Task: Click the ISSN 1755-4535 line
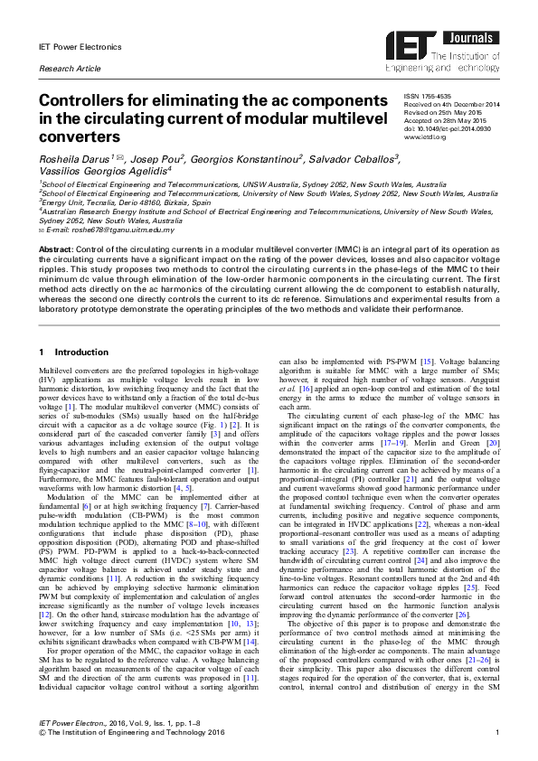pos(428,95)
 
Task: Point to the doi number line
pos(447,129)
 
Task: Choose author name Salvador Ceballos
pos(352,160)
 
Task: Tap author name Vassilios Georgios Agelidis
pos(104,172)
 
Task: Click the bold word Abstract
pos(55,248)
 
